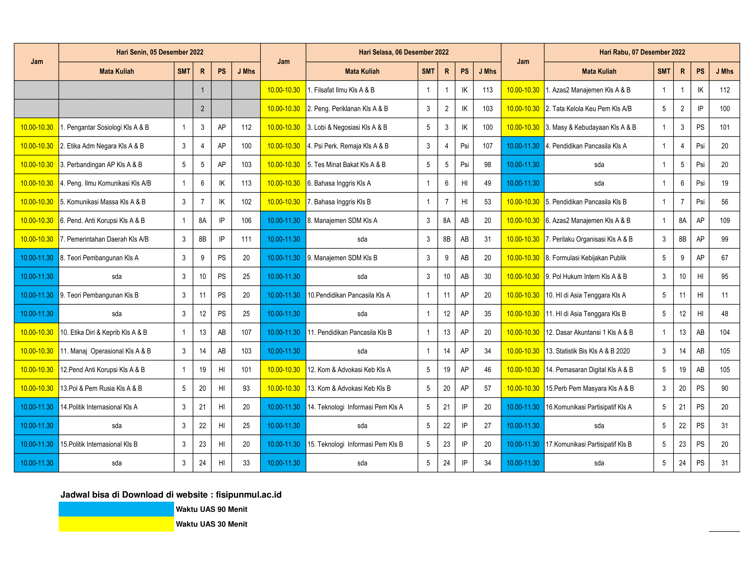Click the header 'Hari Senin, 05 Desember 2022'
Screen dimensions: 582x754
pos(159,52)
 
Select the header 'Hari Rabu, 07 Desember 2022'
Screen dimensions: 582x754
pos(642,52)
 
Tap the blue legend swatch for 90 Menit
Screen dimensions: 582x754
pos(116,509)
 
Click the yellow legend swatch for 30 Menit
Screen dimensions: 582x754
pos(116,524)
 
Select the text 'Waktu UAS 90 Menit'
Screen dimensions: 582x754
pos(211,509)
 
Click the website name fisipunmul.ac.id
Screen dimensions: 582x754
pos(248,495)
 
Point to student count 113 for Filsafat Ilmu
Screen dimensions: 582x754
pos(487,90)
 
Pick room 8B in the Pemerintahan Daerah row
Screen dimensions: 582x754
pos(202,239)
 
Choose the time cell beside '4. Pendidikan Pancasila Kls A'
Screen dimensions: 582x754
pos(522,146)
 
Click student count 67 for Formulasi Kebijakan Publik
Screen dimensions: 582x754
pos(724,258)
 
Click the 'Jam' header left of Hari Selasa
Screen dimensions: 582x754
pos(283,62)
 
